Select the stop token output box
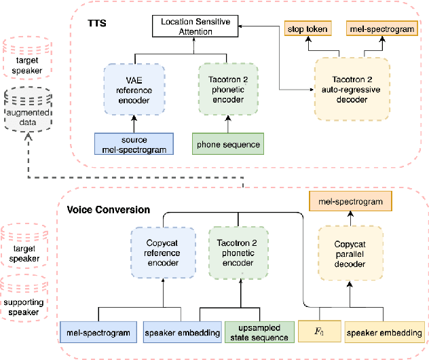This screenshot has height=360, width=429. pos(306,29)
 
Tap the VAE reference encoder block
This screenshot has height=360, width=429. pos(134,88)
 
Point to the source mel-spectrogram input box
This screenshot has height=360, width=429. pos(133,145)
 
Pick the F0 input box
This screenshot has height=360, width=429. pos(318,332)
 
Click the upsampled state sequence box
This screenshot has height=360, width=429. pos(257,332)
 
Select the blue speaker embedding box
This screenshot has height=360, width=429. pos(181,333)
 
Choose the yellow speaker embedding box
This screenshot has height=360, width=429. pos(384,332)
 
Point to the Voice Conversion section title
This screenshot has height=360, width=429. pos(108,210)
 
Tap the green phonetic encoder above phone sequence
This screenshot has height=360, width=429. pos(228,88)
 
